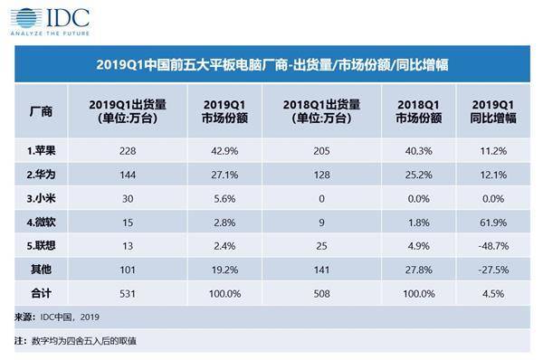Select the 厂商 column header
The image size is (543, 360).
pyautogui.click(x=41, y=112)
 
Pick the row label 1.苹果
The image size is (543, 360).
pyautogui.click(x=39, y=150)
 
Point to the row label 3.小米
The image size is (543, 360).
pyautogui.click(x=39, y=194)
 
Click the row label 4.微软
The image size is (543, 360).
pyautogui.click(x=39, y=217)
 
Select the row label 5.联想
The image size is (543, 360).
pyautogui.click(x=39, y=240)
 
